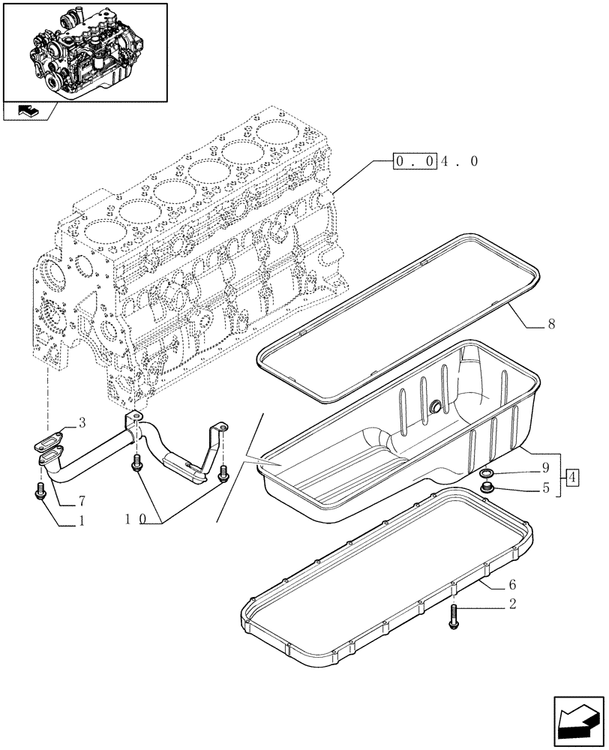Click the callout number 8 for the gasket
coord(551,325)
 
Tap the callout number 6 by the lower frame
coord(511,584)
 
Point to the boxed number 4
coord(571,477)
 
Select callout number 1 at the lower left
coord(82,520)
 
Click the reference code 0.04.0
coord(435,161)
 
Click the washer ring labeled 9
coord(487,473)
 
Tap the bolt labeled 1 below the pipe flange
coord(40,492)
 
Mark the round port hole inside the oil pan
coord(434,407)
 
